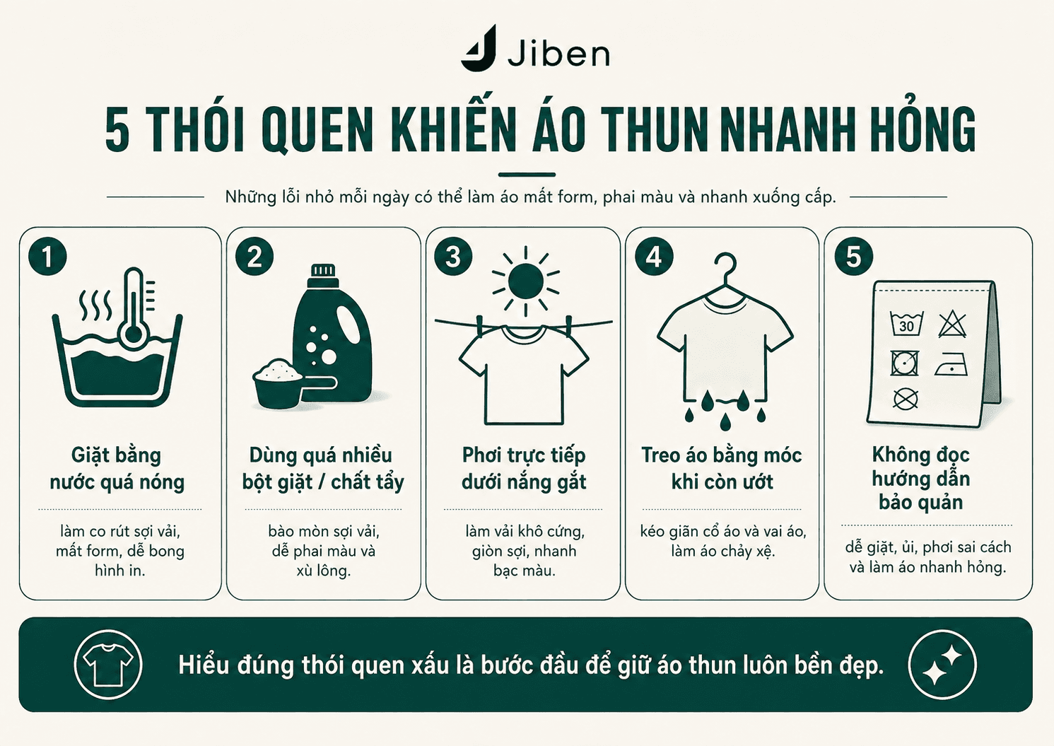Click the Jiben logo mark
(x=478, y=49)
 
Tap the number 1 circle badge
(x=47, y=257)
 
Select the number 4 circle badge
(x=654, y=257)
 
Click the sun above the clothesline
(x=526, y=281)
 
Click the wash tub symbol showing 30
(x=907, y=324)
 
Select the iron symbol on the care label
(x=951, y=365)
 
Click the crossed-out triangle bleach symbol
(x=952, y=324)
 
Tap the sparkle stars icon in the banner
(x=942, y=665)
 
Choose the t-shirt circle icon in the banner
(x=108, y=665)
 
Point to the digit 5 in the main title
(x=117, y=131)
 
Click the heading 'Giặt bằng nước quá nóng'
(x=117, y=469)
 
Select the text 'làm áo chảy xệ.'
(x=722, y=551)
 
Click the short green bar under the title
(x=527, y=175)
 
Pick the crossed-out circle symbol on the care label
(x=906, y=399)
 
